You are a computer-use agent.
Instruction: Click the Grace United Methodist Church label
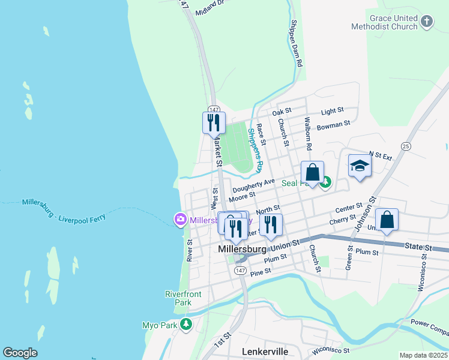(384, 23)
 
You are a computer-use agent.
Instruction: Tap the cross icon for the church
(427, 22)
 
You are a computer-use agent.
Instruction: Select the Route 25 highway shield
(406, 146)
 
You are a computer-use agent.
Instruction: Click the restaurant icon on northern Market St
(214, 123)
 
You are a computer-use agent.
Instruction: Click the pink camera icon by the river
(180, 220)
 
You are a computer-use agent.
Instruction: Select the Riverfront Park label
(183, 298)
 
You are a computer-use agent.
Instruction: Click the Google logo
(20, 353)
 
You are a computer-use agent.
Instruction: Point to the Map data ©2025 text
(423, 355)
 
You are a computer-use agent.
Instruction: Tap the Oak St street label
(281, 112)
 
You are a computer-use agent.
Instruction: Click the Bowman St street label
(333, 125)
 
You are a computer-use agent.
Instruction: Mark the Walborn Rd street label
(309, 133)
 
